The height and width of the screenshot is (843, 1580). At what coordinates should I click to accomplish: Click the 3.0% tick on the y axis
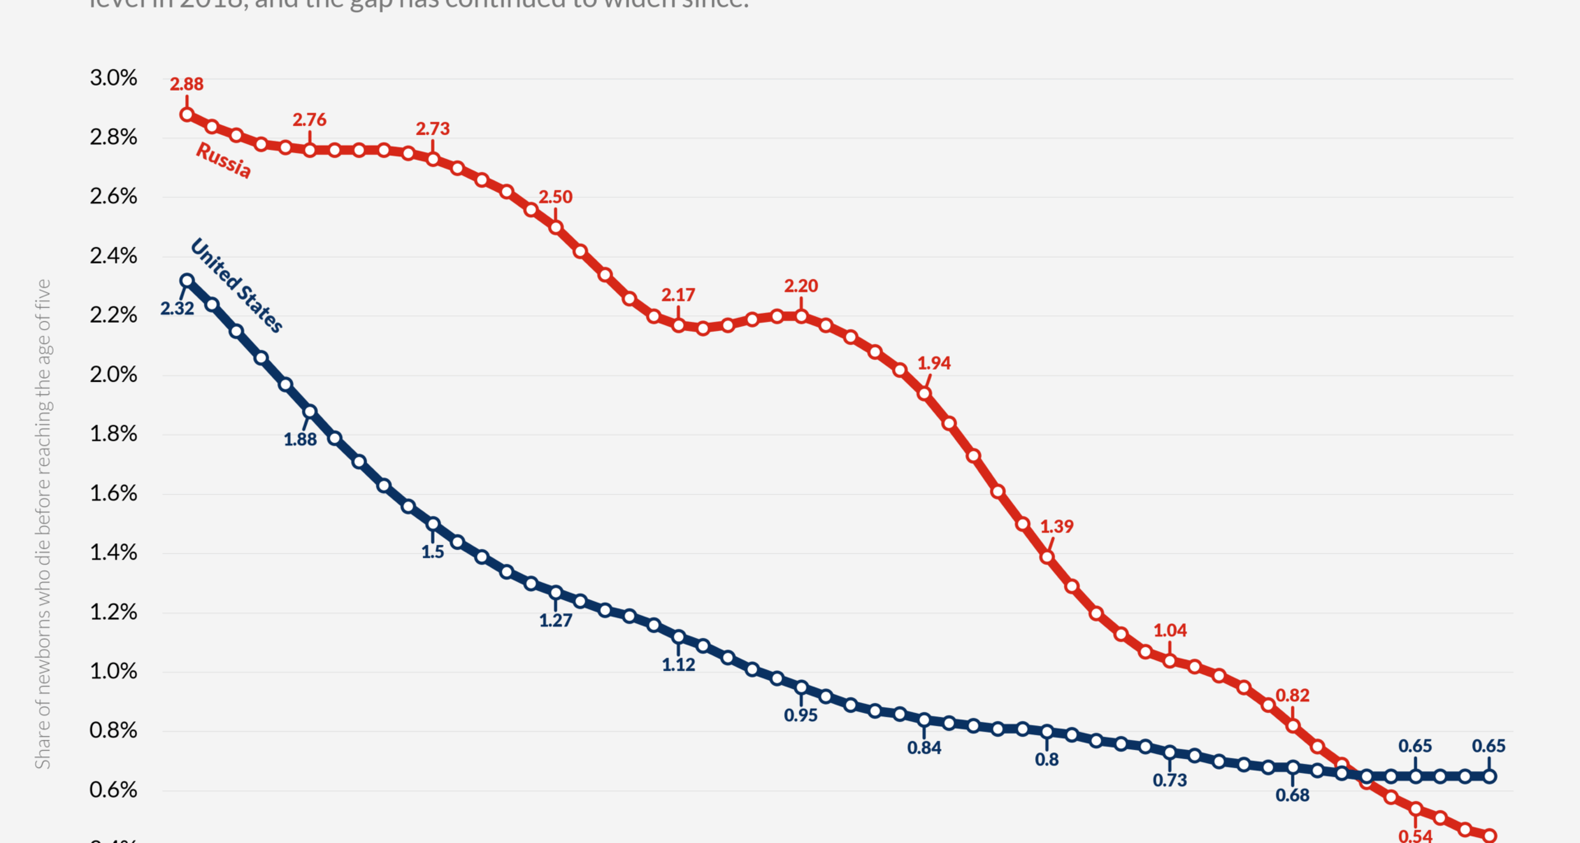pos(114,78)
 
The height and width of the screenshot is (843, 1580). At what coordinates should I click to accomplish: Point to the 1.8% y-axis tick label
pos(114,434)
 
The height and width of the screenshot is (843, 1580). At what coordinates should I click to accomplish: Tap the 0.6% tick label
pos(114,790)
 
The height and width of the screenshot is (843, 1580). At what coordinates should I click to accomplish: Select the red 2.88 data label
pos(187,84)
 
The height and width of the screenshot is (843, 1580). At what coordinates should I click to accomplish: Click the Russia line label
pos(223,160)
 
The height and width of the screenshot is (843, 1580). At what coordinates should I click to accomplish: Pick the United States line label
pos(237,285)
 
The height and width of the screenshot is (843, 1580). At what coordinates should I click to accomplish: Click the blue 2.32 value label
pos(177,309)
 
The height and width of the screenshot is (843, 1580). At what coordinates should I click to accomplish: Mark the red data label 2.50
pos(555,197)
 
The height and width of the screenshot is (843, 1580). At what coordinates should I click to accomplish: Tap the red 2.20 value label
pos(801,286)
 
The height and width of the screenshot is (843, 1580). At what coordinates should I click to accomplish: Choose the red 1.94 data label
pos(934,363)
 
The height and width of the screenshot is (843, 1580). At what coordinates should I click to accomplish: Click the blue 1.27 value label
pos(555,621)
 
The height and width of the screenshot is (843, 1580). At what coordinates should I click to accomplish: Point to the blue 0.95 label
pos(801,715)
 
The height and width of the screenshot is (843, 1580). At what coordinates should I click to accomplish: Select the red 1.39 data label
pos(1057,526)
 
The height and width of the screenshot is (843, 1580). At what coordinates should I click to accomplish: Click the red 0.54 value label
pos(1415,835)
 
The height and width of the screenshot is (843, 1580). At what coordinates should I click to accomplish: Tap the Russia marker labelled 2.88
pos(187,114)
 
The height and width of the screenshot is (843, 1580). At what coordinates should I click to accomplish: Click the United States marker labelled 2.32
pos(187,281)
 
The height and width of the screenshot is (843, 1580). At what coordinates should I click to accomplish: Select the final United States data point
pos(1489,776)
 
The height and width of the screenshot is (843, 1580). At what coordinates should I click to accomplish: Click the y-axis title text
pos(43,524)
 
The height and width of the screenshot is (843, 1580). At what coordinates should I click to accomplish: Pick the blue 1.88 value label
pos(300,440)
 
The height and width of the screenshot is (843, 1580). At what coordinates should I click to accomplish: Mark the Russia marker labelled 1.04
pos(1169,661)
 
